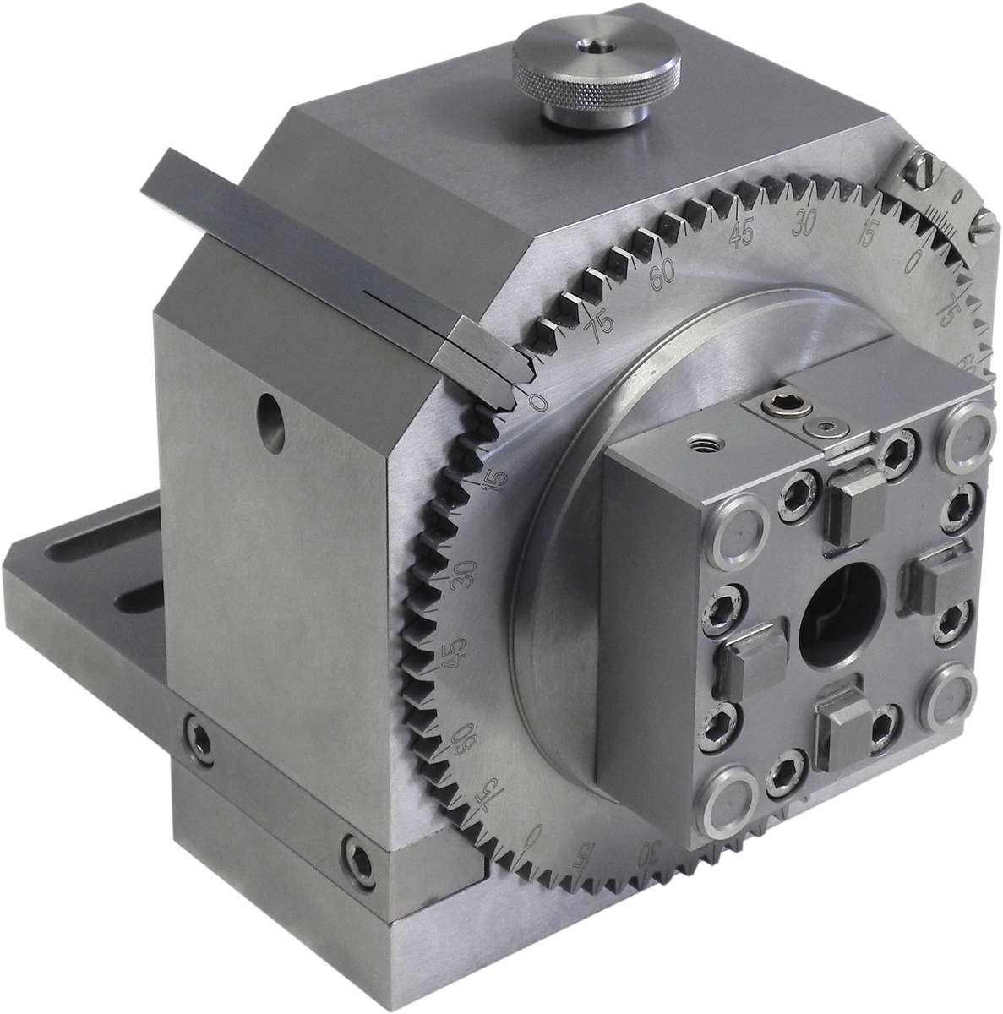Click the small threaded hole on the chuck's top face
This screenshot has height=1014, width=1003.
click(x=703, y=440)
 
